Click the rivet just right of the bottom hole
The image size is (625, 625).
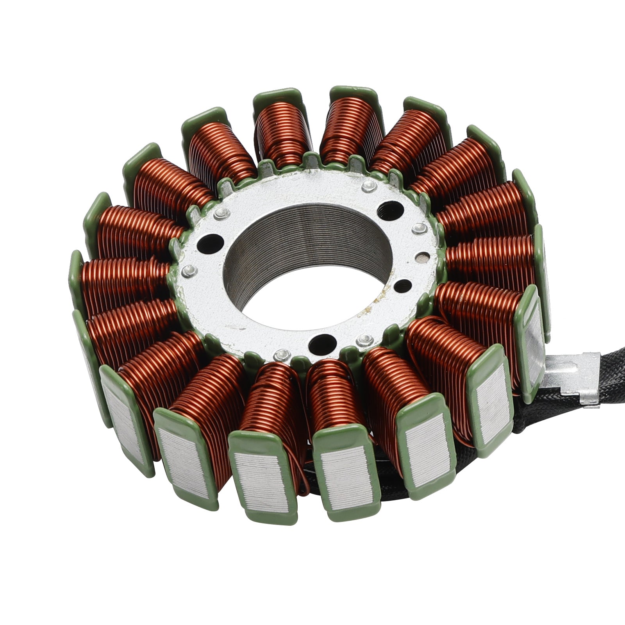365,339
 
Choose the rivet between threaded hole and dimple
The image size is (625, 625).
418,227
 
